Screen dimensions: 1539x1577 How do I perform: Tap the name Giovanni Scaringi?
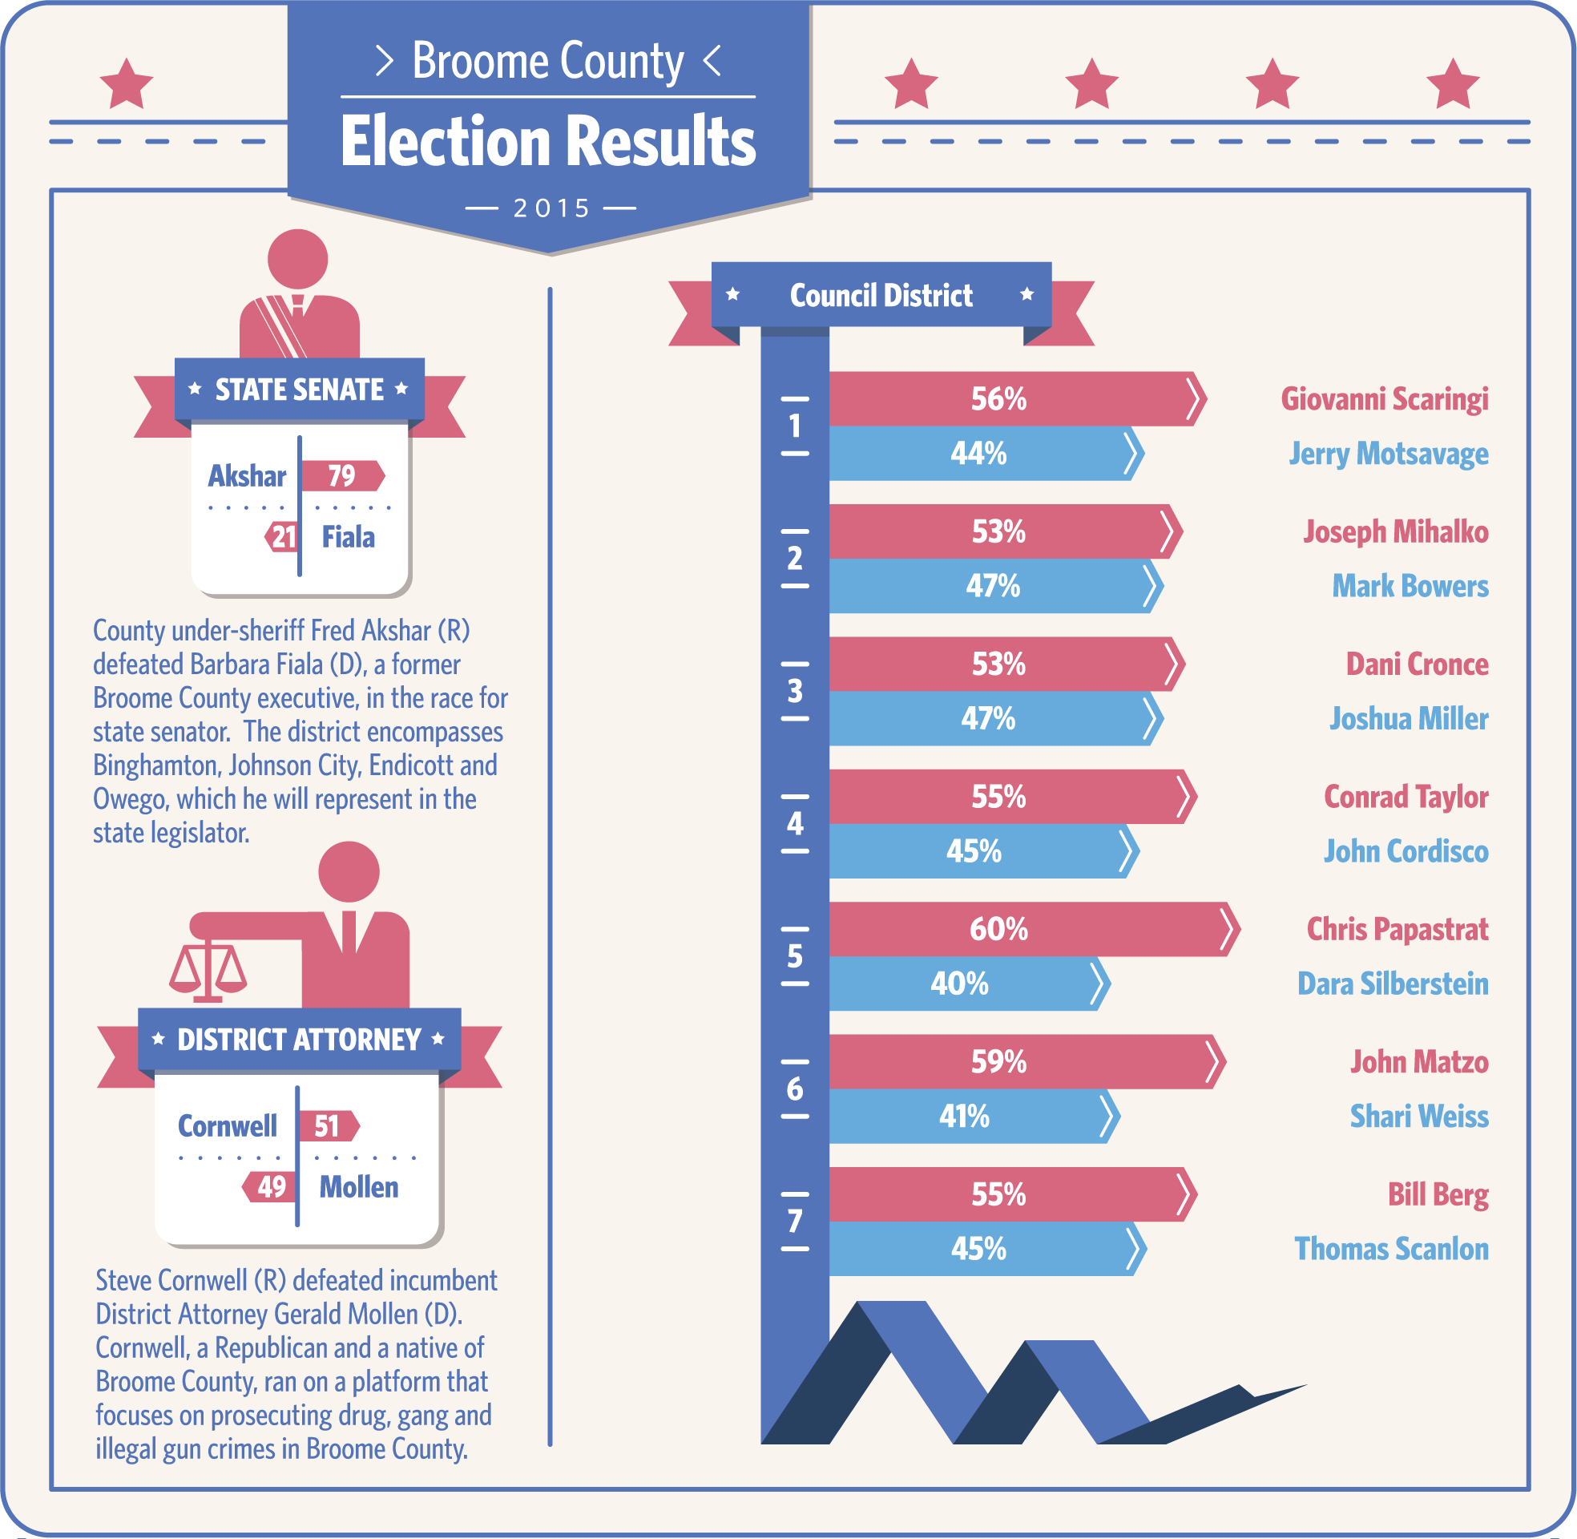[x=1384, y=399]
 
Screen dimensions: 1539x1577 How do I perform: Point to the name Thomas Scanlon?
[x=1391, y=1249]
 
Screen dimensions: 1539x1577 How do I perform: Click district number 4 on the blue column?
[x=795, y=824]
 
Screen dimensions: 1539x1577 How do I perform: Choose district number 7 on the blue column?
[x=795, y=1221]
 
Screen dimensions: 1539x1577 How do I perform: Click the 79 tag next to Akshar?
[x=341, y=476]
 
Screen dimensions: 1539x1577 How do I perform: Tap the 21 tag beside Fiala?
[x=282, y=538]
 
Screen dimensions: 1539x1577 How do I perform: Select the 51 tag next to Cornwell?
[x=328, y=1126]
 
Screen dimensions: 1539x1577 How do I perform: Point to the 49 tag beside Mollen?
[x=271, y=1186]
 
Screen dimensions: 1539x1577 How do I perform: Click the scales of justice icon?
[x=208, y=970]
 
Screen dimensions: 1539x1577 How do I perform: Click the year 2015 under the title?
[x=552, y=208]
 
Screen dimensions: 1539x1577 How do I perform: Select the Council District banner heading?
[x=881, y=296]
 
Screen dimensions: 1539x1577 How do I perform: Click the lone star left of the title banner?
[x=126, y=83]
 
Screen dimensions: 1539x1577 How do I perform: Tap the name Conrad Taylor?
[x=1405, y=797]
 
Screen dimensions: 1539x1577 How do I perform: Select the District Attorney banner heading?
[x=299, y=1040]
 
